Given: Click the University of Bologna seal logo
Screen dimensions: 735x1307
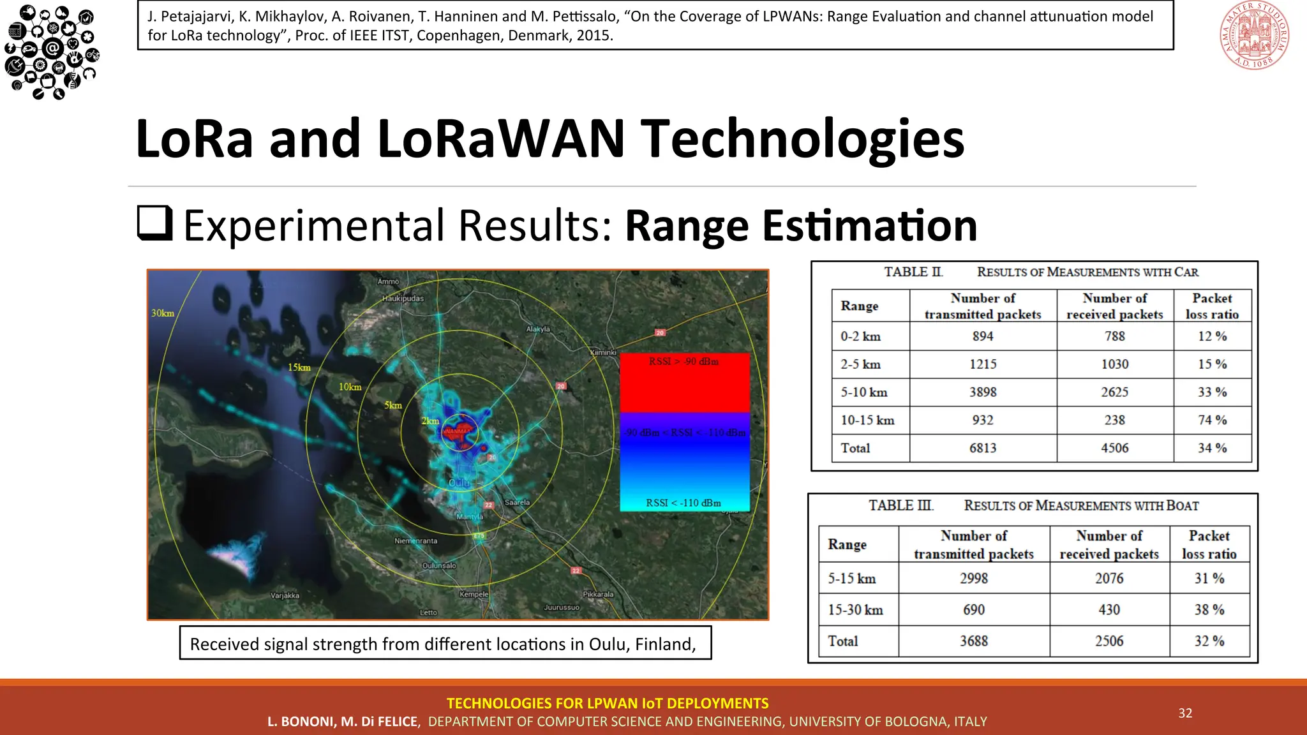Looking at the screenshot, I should coord(1254,35).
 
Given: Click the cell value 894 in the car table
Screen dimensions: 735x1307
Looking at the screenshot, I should coord(983,336).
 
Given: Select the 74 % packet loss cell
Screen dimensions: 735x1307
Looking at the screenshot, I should coord(1212,420).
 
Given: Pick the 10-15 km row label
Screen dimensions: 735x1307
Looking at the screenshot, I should coord(867,420).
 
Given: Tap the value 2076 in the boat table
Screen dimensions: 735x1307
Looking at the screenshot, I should coord(1109,578).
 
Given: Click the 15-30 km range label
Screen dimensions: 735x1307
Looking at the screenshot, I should coord(855,610).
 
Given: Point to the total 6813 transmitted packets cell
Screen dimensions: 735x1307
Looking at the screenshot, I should coord(983,448).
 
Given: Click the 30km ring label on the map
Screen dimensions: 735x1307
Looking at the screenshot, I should coord(163,313).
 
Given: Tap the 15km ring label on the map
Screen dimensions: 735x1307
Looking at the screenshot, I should coord(299,367).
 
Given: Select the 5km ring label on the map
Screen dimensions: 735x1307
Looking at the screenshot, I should coord(393,406).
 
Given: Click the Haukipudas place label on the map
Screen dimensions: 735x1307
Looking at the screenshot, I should coord(403,299).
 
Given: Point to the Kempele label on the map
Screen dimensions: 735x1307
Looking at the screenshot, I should coord(474,594).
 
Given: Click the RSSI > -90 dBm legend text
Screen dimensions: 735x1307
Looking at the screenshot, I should coord(683,362).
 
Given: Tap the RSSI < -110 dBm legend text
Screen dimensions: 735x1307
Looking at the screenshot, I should coord(683,503).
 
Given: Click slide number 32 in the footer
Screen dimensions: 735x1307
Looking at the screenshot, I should coord(1185,713).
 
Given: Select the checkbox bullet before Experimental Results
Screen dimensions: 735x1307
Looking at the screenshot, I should coord(155,223).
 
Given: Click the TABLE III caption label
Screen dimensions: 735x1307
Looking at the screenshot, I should coord(900,505).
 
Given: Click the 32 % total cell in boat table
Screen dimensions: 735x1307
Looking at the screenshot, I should coord(1209,641).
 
